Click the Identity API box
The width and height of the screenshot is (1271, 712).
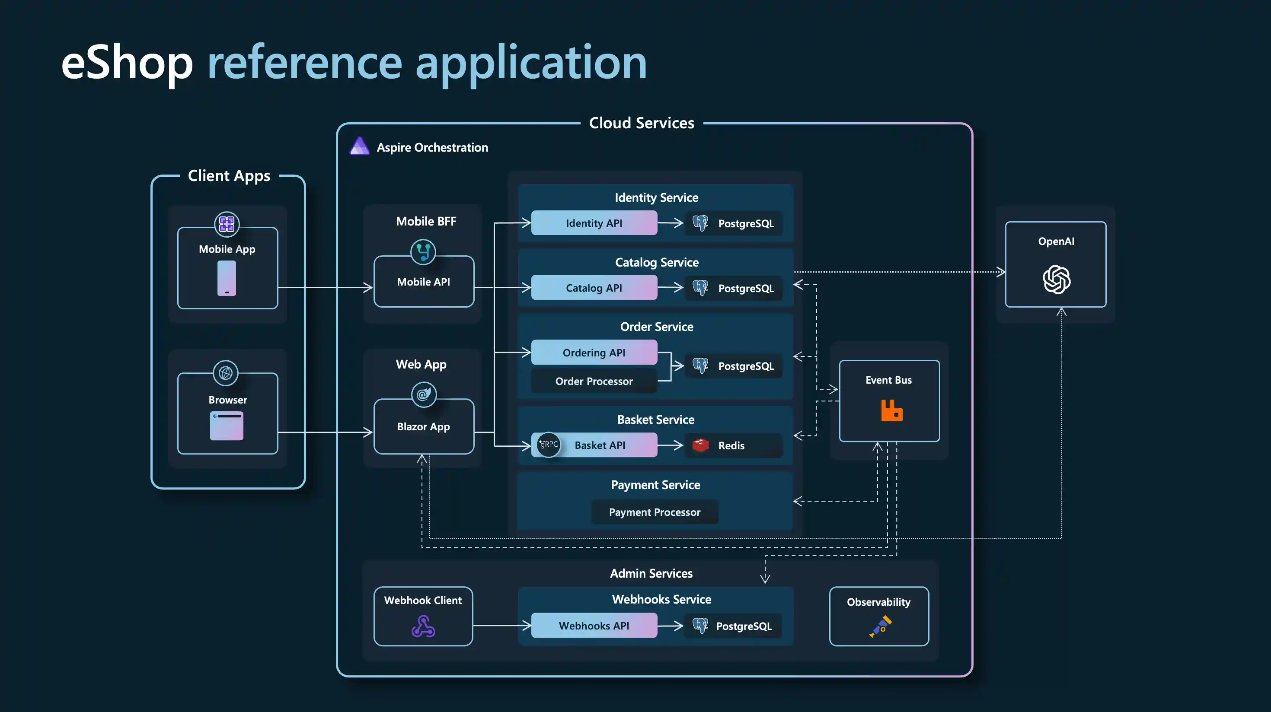pos(594,223)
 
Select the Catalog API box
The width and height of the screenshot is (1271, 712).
pos(594,288)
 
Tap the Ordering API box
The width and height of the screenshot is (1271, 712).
pos(594,353)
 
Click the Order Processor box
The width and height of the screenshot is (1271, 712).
pos(594,381)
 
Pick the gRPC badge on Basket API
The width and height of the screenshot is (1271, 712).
pos(549,444)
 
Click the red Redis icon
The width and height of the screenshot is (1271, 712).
pos(700,445)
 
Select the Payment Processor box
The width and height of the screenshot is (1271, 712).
pos(654,512)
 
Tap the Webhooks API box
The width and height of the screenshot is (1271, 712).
pos(594,625)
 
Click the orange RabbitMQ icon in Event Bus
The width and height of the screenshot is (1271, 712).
pos(891,411)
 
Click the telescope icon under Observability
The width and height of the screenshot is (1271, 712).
pos(880,626)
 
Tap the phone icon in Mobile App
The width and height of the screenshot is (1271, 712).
pos(227,278)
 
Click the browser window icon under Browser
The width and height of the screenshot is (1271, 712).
pos(227,426)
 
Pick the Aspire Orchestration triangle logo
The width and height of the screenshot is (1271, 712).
pos(359,146)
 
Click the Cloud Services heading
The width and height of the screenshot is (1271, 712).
pos(641,123)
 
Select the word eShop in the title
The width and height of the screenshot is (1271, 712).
pos(127,63)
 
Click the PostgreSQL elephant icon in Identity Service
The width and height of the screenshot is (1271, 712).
pos(700,223)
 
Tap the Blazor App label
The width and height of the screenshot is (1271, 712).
pos(423,426)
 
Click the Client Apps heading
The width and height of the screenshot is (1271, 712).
pos(229,175)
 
